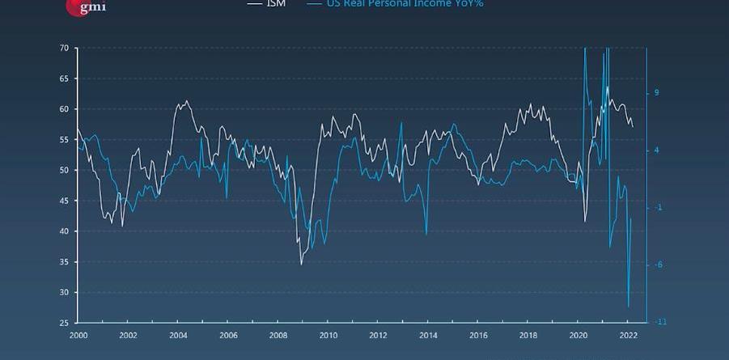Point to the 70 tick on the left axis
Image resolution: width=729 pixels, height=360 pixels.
[63, 49]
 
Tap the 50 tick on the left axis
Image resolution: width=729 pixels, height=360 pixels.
[63, 171]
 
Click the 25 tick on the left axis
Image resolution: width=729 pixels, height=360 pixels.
[63, 323]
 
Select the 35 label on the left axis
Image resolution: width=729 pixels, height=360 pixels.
[63, 262]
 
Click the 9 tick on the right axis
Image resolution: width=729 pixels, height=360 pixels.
[656, 93]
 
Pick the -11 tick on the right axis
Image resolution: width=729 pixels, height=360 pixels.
[659, 322]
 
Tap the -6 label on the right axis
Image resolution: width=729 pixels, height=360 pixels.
[658, 265]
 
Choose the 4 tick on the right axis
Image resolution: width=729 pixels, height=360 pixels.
[656, 150]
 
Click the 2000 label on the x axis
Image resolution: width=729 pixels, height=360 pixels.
[78, 336]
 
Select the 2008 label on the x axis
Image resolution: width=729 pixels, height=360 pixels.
[278, 336]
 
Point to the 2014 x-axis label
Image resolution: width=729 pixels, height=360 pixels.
[428, 336]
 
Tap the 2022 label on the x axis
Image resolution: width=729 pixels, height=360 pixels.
[628, 336]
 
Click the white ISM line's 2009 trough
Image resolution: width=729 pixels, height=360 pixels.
[302, 264]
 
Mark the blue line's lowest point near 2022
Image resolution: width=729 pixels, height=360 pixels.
[628, 307]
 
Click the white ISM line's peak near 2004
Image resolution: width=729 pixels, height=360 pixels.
[187, 101]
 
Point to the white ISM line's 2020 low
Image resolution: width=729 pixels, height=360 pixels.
[585, 222]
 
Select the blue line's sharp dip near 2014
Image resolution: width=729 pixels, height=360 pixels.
[426, 235]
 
